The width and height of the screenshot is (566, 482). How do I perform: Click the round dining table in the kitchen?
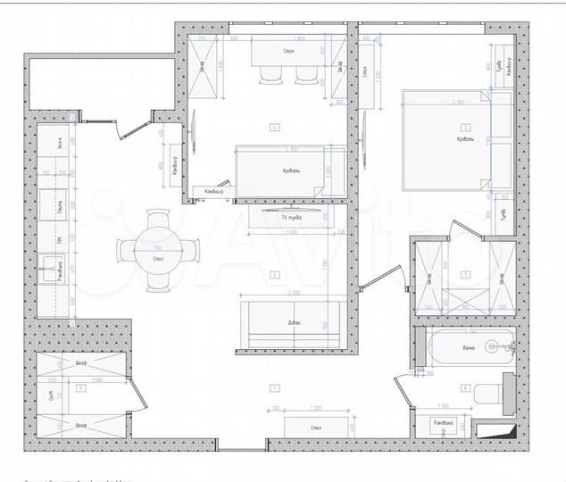click(x=158, y=251)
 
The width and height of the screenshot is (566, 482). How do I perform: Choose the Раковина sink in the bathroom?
click(x=444, y=423)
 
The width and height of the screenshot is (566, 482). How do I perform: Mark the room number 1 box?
click(x=275, y=387)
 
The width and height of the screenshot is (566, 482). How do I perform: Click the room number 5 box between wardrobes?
click(x=81, y=388)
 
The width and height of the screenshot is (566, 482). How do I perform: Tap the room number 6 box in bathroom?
click(x=465, y=387)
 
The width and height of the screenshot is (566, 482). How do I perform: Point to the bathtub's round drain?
click(x=490, y=343)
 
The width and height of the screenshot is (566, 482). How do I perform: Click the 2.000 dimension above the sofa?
click(x=287, y=293)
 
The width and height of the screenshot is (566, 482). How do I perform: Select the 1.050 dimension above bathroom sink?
click(x=444, y=403)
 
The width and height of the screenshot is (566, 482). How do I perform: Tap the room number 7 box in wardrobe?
click(x=465, y=275)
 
